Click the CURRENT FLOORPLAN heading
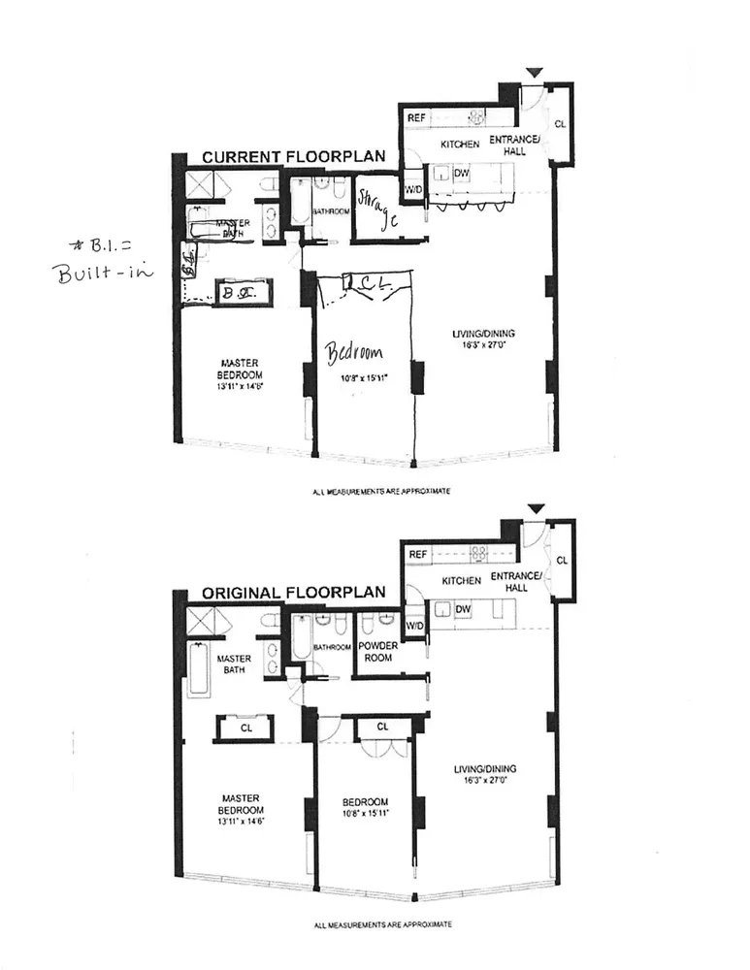[293, 156]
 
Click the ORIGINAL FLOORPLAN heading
[293, 592]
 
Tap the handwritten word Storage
[377, 210]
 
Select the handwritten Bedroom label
[354, 350]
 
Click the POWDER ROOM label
[378, 651]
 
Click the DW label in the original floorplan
[463, 610]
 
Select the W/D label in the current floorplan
[413, 188]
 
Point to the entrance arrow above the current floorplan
[534, 74]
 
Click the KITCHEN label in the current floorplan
[460, 144]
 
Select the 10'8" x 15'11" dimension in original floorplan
[365, 814]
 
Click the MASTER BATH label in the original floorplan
[234, 664]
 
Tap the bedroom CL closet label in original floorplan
[382, 726]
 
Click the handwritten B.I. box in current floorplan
[235, 291]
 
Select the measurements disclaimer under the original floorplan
[382, 925]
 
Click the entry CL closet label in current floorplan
[560, 124]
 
